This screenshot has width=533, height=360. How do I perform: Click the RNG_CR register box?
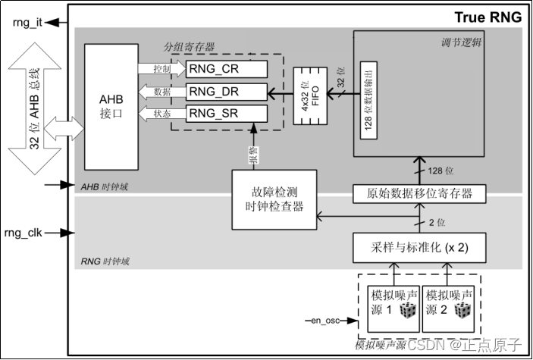pyautogui.click(x=227, y=69)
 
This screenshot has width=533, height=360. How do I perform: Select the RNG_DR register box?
pyautogui.click(x=227, y=92)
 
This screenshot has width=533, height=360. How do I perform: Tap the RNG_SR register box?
pyautogui.click(x=227, y=113)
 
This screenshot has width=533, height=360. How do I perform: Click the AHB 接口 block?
pyautogui.click(x=111, y=107)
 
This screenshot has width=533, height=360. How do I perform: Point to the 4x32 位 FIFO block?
pyautogui.click(x=310, y=95)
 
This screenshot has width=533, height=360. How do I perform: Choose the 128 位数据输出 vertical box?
pyautogui.click(x=368, y=100)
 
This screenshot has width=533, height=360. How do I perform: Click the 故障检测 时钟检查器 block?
pyautogui.click(x=274, y=199)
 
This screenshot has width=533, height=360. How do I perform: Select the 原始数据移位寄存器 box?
pyautogui.click(x=419, y=194)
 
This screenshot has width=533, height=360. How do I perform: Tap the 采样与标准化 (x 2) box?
pyautogui.click(x=419, y=248)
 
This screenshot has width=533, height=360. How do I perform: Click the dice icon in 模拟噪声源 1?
pyautogui.click(x=408, y=311)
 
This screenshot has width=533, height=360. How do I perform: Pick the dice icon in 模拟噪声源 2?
pyautogui.click(x=462, y=311)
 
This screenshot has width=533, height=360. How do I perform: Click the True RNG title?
pyautogui.click(x=488, y=17)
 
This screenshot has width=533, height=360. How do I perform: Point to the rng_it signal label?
pyautogui.click(x=27, y=23)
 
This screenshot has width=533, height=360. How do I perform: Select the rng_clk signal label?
pyautogui.click(x=23, y=233)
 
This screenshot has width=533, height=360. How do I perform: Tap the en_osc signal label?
pyautogui.click(x=325, y=321)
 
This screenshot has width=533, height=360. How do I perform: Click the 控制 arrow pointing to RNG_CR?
pyautogui.click(x=162, y=69)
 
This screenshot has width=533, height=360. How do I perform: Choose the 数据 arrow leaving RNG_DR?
pyautogui.click(x=162, y=92)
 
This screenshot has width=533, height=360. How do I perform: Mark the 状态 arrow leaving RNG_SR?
pyautogui.click(x=162, y=114)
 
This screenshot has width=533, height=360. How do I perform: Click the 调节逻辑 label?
pyautogui.click(x=461, y=43)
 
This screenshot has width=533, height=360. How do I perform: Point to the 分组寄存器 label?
pyautogui.click(x=189, y=47)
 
